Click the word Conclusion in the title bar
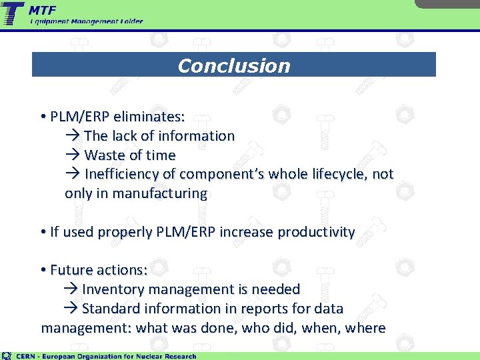coord(234,65)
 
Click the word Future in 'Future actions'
coord(71,270)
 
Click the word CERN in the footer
coord(27,356)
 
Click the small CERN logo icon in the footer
coord(7,355)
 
